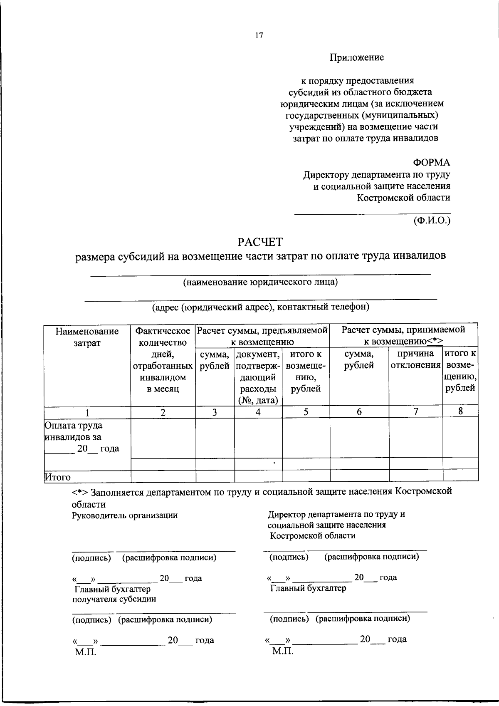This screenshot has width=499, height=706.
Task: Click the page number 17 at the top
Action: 259,36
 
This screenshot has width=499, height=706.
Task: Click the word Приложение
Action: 357,58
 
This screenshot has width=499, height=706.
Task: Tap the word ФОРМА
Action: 431,163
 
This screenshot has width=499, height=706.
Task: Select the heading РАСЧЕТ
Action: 260,242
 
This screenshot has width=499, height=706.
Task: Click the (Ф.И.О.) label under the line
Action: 432,220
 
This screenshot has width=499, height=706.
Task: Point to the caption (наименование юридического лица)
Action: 260,282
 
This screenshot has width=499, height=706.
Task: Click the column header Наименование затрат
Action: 87,337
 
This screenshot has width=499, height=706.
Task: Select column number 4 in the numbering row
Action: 258,412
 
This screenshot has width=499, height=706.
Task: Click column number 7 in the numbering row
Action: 415,412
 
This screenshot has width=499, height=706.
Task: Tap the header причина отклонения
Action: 415,359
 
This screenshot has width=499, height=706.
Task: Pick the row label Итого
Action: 57,477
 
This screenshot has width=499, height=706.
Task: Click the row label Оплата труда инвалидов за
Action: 74,431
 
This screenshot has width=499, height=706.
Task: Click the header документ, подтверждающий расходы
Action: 258,377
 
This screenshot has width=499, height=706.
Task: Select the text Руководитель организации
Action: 125,515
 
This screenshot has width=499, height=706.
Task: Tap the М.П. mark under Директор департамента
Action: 283,651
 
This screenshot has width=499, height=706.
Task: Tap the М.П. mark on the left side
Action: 85,652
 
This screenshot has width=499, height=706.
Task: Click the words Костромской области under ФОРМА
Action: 403,198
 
